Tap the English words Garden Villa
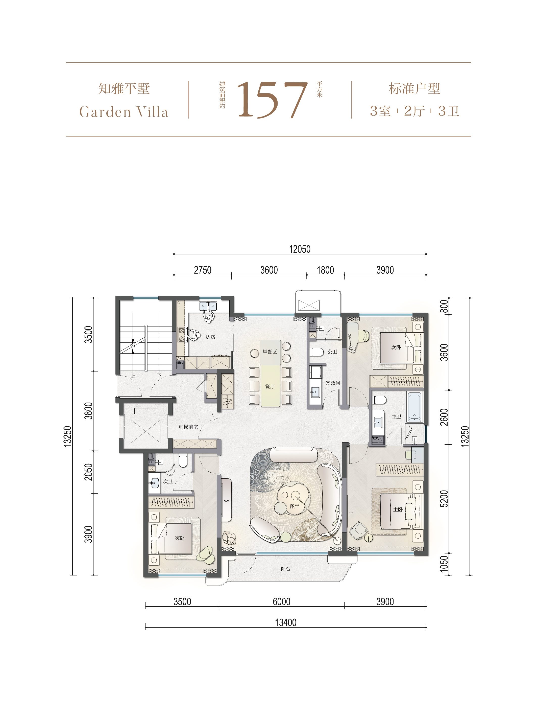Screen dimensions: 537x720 click(x=124, y=112)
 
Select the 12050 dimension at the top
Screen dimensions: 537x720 click(x=300, y=249)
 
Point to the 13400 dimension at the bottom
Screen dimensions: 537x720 click(x=286, y=622)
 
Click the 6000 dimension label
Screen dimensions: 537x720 click(x=281, y=602)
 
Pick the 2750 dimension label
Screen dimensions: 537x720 click(x=203, y=270)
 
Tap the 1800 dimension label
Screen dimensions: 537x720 click(x=325, y=270)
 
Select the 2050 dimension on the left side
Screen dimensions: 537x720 click(x=88, y=472)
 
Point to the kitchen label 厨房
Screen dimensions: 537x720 click(x=211, y=337)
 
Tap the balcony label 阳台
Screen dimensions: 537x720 click(x=285, y=569)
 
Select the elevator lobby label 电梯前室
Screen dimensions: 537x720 click(x=188, y=427)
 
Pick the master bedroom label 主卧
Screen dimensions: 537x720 click(x=398, y=509)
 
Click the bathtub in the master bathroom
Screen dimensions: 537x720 click(x=414, y=407)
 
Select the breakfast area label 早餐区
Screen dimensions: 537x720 click(x=270, y=352)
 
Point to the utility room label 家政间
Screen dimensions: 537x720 click(x=333, y=383)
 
